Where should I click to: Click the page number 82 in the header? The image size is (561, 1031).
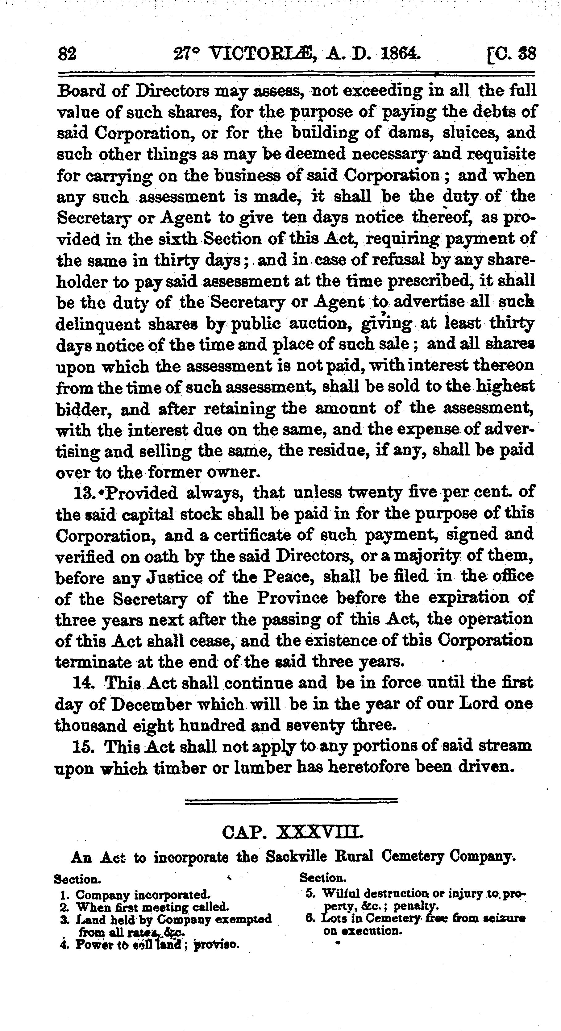click(67, 54)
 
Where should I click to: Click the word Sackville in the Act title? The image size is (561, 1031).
click(296, 857)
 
